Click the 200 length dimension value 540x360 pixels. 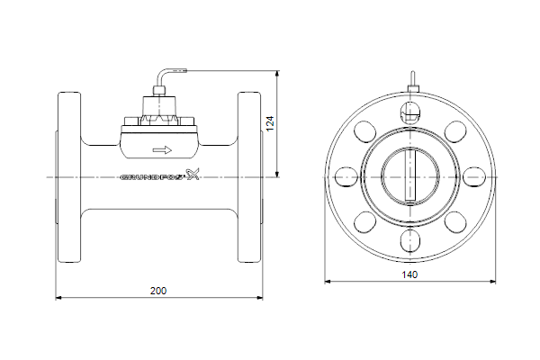[x=158, y=291]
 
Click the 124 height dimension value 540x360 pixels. [x=270, y=123]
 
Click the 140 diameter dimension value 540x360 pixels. [x=409, y=274]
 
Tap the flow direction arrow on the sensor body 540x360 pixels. [x=162, y=150]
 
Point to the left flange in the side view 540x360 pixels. [x=69, y=177]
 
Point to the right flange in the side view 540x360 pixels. [x=249, y=177]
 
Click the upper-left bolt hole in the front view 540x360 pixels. [x=365, y=131]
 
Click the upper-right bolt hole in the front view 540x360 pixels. [x=455, y=131]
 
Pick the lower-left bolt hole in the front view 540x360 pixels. [x=365, y=222]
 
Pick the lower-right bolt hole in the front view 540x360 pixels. [x=455, y=222]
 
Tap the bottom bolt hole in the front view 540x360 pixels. [x=410, y=241]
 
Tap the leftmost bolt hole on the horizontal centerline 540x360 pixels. [x=346, y=177]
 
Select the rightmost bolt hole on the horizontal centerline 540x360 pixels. [x=474, y=177]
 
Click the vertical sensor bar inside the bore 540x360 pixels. [x=410, y=175]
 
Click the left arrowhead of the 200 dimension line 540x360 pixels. [x=58, y=298]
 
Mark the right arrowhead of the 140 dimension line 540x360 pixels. [x=492, y=282]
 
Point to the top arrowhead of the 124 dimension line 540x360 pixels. [x=277, y=74]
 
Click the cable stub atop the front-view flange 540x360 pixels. [x=412, y=82]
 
